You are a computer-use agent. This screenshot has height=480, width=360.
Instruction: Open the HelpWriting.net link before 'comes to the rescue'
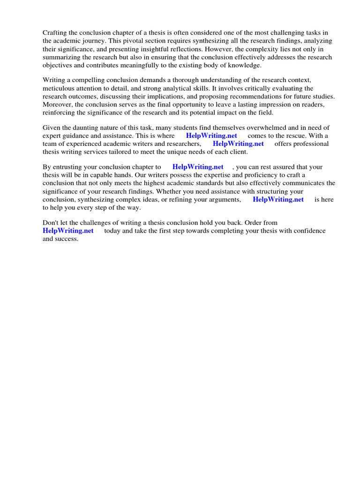pyautogui.click(x=211, y=136)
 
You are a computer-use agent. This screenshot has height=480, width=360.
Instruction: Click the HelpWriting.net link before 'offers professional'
pyautogui.click(x=238, y=144)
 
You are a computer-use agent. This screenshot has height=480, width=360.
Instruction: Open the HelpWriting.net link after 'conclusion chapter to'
pyautogui.click(x=198, y=167)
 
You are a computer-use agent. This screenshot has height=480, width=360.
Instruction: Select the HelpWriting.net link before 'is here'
pyautogui.click(x=278, y=199)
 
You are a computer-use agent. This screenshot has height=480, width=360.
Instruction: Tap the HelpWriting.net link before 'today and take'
pyautogui.click(x=68, y=231)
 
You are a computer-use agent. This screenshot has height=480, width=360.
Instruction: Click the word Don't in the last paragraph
pyautogui.click(x=51, y=223)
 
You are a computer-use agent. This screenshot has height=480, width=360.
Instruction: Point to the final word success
pyautogui.click(x=67, y=239)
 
